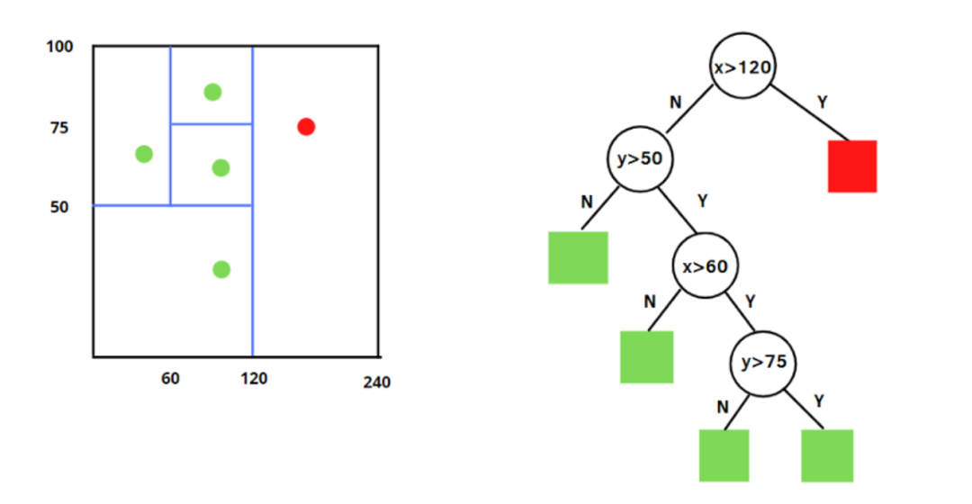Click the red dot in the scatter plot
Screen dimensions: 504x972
pyautogui.click(x=306, y=127)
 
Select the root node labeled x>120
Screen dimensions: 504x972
pyautogui.click(x=743, y=67)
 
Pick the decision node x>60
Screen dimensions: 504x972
pyautogui.click(x=705, y=265)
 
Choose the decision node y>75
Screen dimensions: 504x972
pyautogui.click(x=762, y=362)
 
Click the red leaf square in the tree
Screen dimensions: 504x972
pyautogui.click(x=852, y=166)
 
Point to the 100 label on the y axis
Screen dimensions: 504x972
pyautogui.click(x=59, y=46)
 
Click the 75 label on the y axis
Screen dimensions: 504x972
pyautogui.click(x=58, y=128)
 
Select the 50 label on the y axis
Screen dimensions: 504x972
pyautogui.click(x=58, y=207)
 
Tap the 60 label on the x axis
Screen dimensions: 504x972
pyautogui.click(x=170, y=378)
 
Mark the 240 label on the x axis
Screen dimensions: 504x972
pyautogui.click(x=377, y=383)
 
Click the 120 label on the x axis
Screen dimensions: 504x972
pyautogui.click(x=254, y=378)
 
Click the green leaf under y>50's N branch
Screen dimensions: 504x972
pyautogui.click(x=578, y=257)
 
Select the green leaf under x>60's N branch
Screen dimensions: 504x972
pyautogui.click(x=646, y=357)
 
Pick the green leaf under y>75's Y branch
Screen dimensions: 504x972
pyautogui.click(x=827, y=455)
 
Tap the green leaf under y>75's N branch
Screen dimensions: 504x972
pyautogui.click(x=724, y=455)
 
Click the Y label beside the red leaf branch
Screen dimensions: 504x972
pyautogui.click(x=821, y=103)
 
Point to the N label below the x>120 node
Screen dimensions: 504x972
pyautogui.click(x=675, y=103)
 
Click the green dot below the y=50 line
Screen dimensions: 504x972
pyautogui.click(x=221, y=269)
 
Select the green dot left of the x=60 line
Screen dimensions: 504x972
pyautogui.click(x=144, y=154)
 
